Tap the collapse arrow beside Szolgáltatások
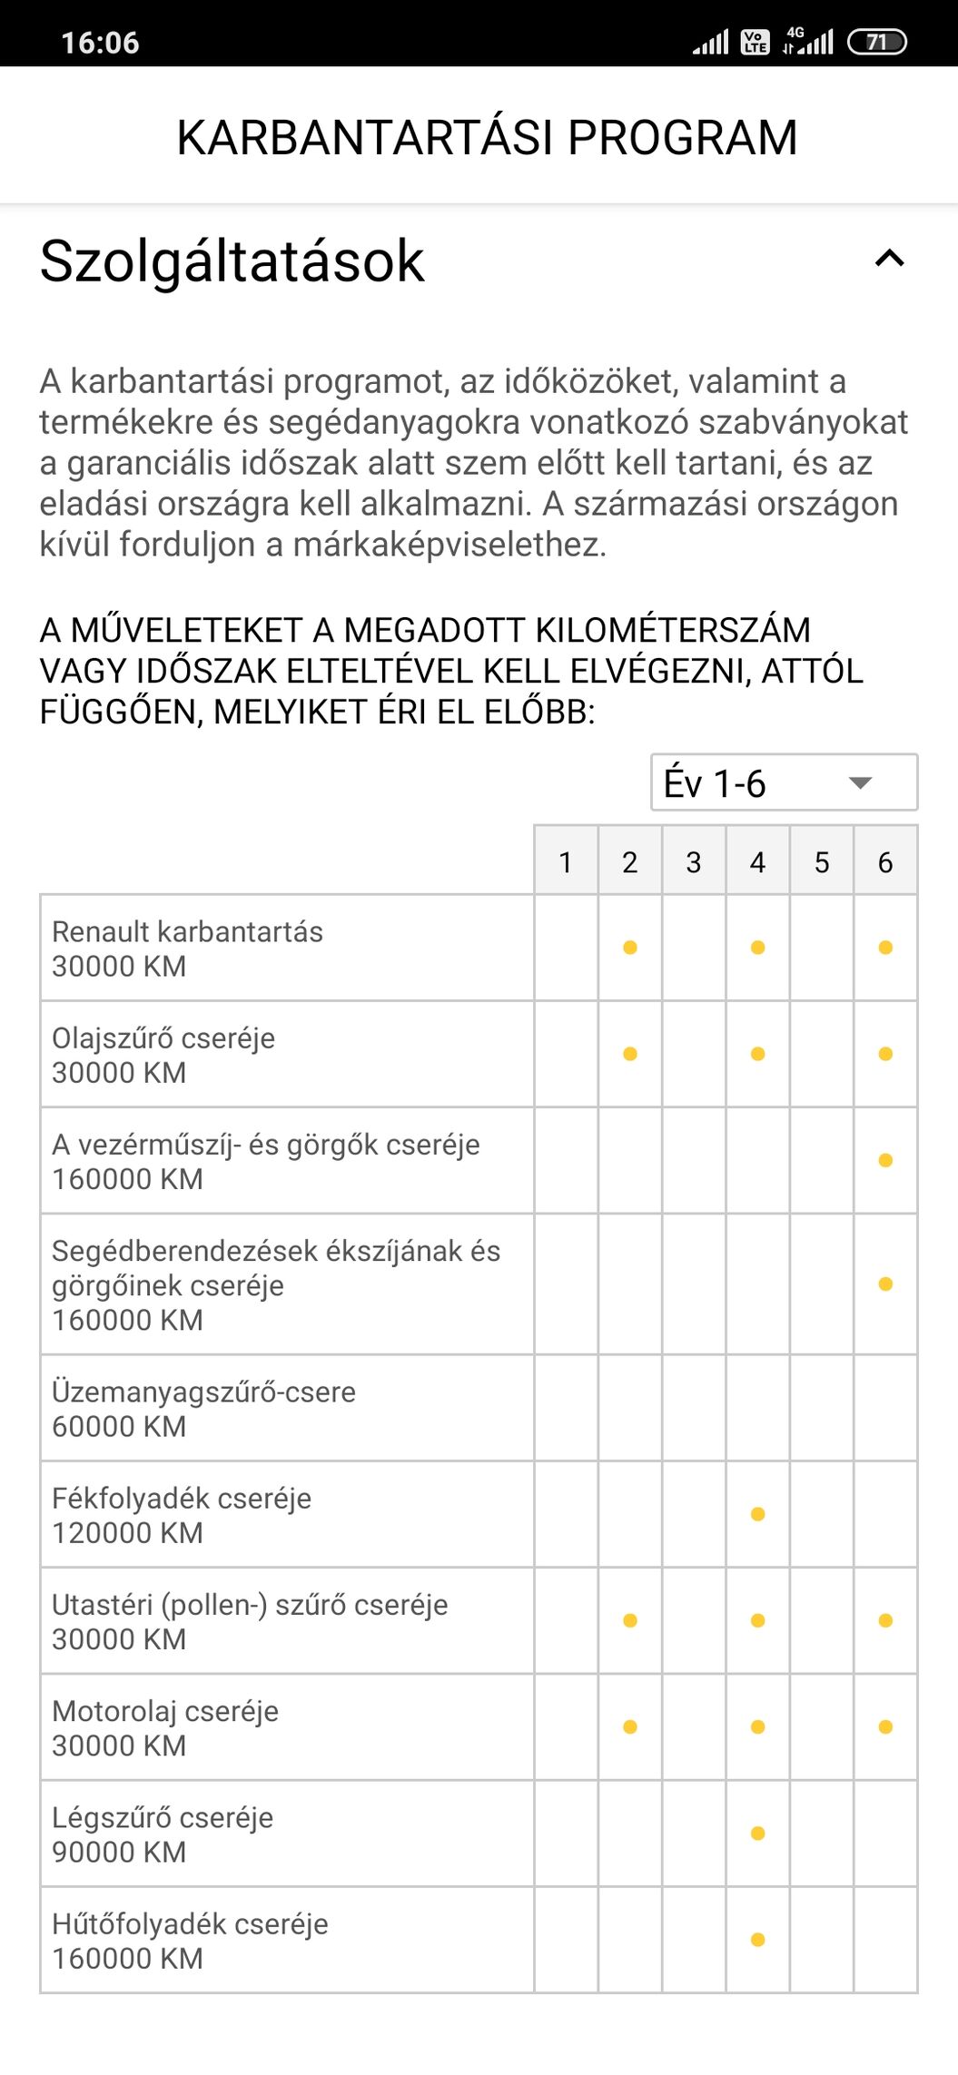tap(889, 260)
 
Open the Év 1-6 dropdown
tap(784, 782)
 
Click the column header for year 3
tap(694, 861)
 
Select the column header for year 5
tap(822, 861)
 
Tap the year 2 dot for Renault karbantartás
tap(630, 948)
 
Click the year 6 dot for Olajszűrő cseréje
tap(885, 1054)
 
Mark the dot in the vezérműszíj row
tap(885, 1160)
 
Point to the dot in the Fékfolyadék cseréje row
tap(757, 1514)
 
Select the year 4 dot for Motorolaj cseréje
tap(757, 1726)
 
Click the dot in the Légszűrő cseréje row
tap(757, 1833)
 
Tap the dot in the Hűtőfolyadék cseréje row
tap(757, 1940)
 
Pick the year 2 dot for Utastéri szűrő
tap(630, 1620)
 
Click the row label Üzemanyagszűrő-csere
tap(203, 1392)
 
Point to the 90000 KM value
tap(119, 1852)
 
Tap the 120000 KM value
tap(127, 1533)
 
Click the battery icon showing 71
tap(876, 42)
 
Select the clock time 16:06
tap(100, 43)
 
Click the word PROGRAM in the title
tap(682, 138)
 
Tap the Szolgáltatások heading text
tap(232, 261)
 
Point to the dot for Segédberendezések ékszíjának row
tap(885, 1284)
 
